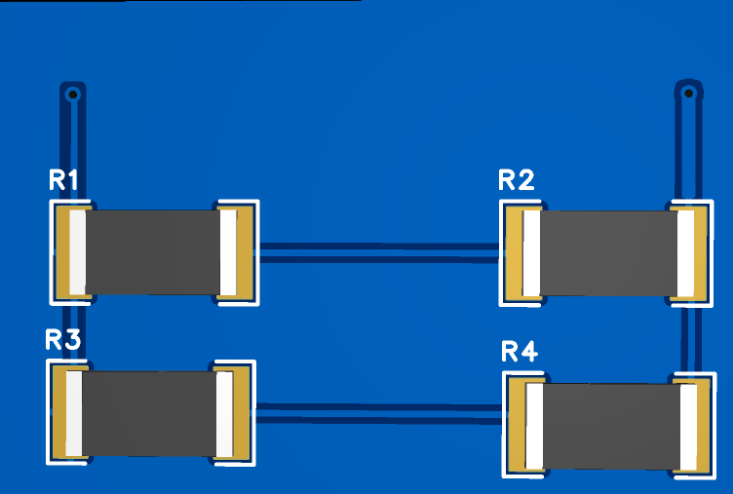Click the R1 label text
click(63, 179)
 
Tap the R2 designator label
click(516, 180)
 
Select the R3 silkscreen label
click(63, 340)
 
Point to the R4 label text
click(519, 352)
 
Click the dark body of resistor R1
click(153, 251)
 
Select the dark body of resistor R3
click(148, 414)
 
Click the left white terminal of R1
click(78, 252)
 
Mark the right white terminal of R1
click(228, 252)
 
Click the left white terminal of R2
click(531, 253)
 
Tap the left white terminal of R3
click(74, 414)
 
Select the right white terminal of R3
click(224, 414)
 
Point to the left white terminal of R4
click(534, 426)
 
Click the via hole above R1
click(72, 95)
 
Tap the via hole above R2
click(689, 94)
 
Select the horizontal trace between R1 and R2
click(380, 253)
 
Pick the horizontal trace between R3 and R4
click(380, 412)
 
